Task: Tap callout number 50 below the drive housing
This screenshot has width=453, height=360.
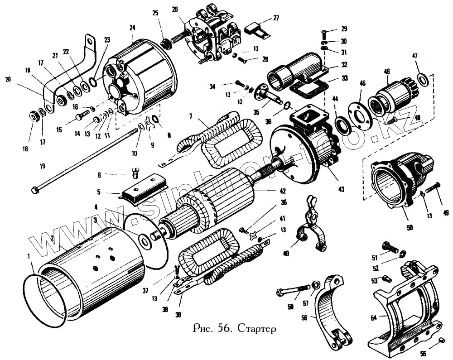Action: point(410,228)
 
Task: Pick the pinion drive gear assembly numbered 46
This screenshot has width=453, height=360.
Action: point(387,95)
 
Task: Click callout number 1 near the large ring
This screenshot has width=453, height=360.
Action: point(29,257)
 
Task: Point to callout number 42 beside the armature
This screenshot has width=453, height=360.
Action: point(283,191)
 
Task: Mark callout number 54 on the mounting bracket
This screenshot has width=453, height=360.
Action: point(373,318)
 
